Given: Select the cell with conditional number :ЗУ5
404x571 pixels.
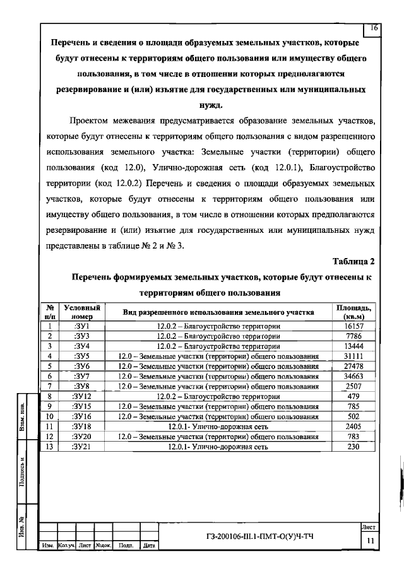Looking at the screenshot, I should tap(82, 356).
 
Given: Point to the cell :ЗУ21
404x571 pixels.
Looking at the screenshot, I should tap(82, 447).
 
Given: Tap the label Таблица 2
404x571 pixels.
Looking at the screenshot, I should tap(353, 261).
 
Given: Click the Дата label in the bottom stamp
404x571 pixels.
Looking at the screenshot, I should tap(150, 545).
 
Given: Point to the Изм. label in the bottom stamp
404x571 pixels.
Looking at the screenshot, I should tap(47, 545).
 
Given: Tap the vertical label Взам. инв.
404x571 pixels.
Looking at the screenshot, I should tap(23, 415).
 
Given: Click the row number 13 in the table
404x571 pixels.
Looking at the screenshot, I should tap(49, 447).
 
